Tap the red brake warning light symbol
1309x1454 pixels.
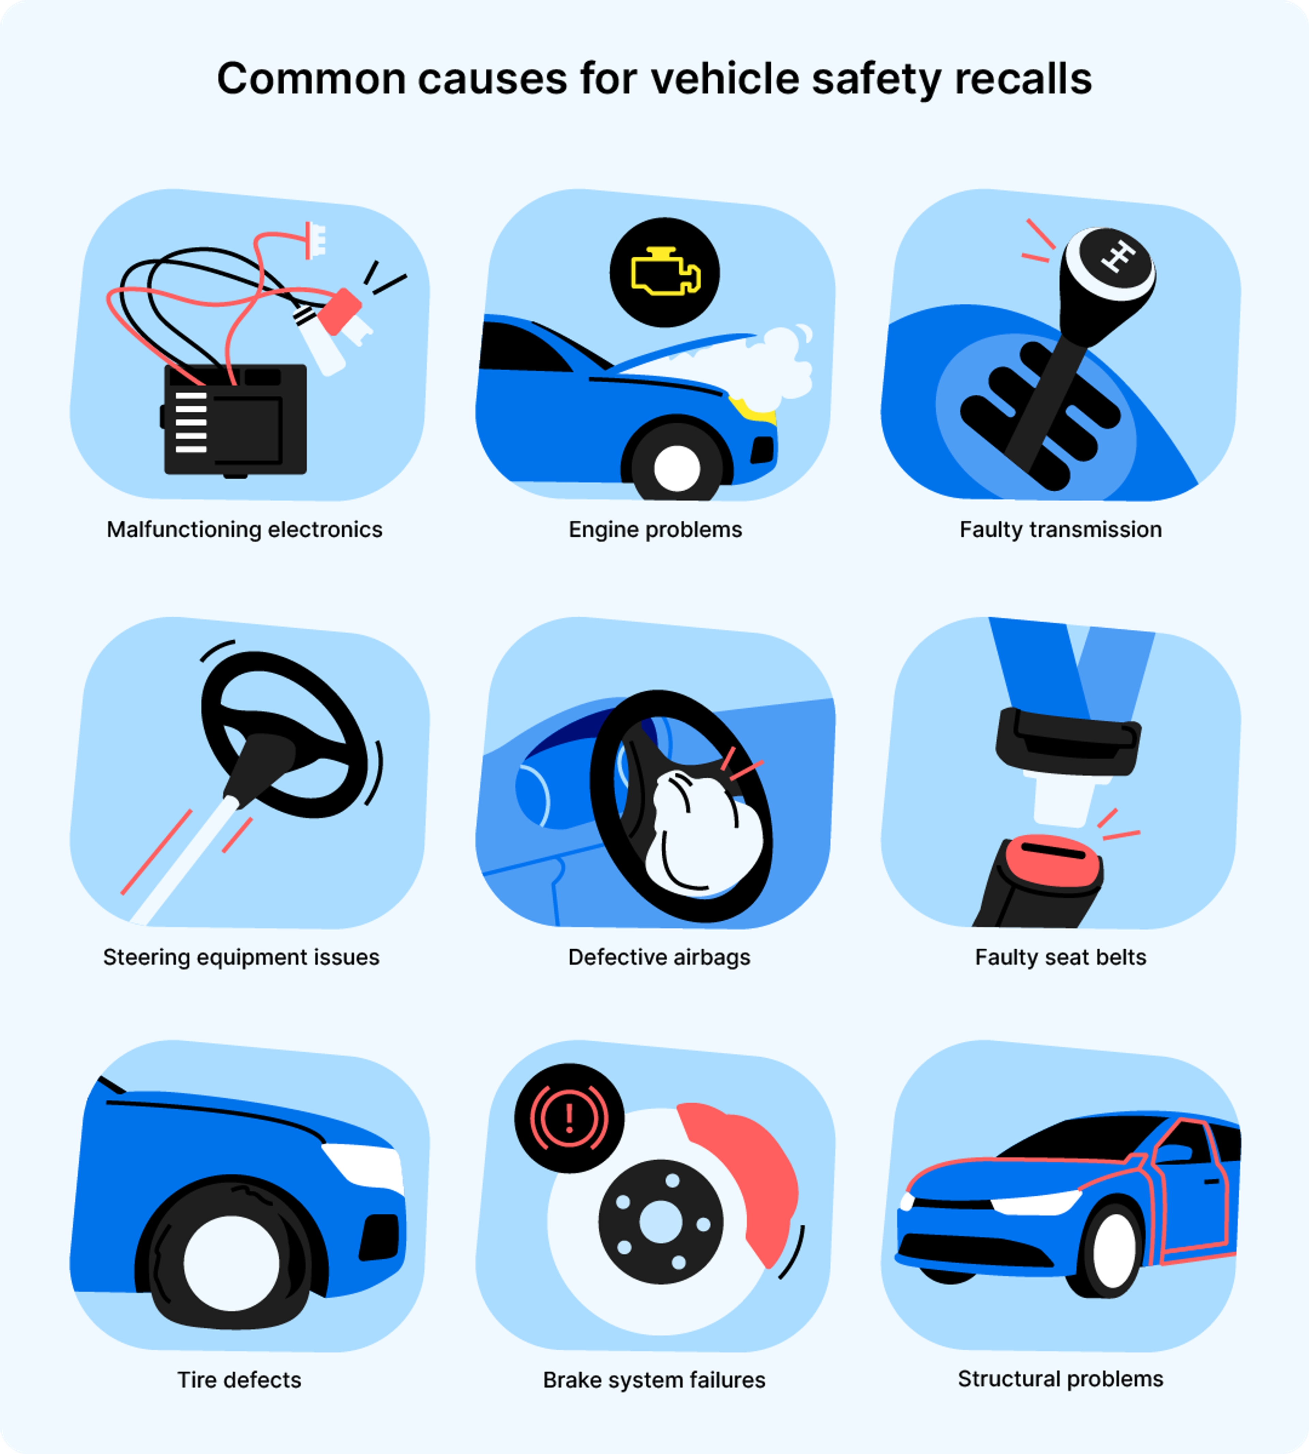coord(569,1118)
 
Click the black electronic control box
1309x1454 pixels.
coord(235,419)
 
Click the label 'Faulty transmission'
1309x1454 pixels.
coord(1060,530)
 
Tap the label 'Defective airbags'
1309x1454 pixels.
coord(659,957)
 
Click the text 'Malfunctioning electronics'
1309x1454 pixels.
coord(244,530)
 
